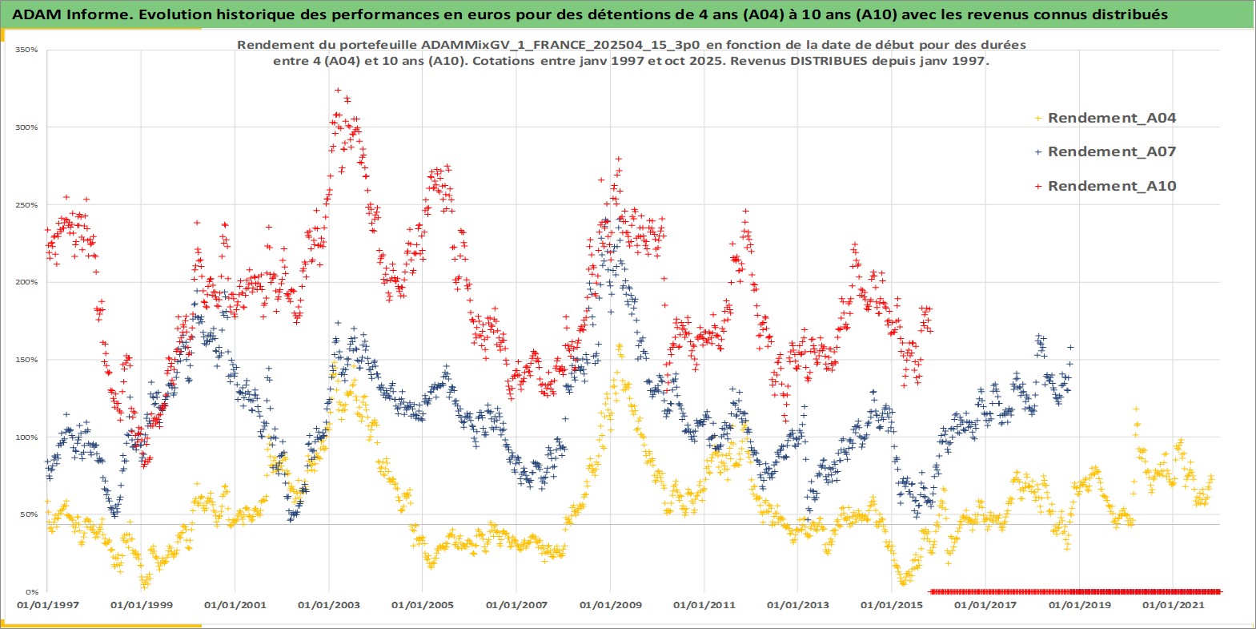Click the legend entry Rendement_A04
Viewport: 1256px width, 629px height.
click(x=1111, y=118)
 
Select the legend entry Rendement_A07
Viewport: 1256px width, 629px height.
click(x=1111, y=151)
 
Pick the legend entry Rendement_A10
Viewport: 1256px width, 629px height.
click(x=1111, y=186)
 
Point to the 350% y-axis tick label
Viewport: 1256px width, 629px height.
click(x=27, y=50)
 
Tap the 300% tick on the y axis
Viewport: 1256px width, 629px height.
click(x=27, y=127)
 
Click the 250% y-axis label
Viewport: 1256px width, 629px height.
click(x=27, y=205)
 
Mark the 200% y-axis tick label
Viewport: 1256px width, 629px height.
click(x=27, y=282)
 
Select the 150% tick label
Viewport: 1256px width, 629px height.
click(x=27, y=360)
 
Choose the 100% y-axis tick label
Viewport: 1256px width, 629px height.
click(x=27, y=437)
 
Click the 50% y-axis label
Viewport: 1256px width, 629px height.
click(x=29, y=514)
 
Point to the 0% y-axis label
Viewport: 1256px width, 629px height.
click(x=31, y=592)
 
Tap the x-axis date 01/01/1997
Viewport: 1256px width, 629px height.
click(x=48, y=605)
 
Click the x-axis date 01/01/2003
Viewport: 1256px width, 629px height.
click(x=329, y=605)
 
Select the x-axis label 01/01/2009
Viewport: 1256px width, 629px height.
click(x=611, y=605)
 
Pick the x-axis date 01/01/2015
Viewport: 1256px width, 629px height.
click(x=892, y=605)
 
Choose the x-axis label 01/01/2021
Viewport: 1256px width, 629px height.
click(x=1173, y=605)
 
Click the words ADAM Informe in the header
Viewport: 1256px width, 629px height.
click(x=61, y=14)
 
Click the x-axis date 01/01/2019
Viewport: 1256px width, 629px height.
click(x=1079, y=605)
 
